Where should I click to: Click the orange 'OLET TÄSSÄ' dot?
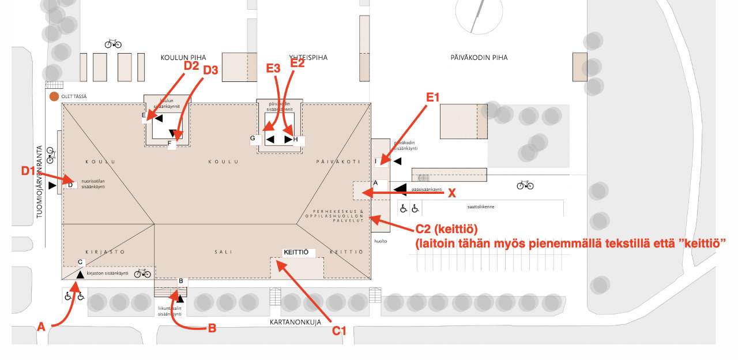pos(54,96)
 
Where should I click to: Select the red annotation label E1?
pos(432,97)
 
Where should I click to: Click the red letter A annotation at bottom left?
pos(41,327)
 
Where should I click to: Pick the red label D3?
pos(211,70)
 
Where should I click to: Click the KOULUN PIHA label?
pos(179,58)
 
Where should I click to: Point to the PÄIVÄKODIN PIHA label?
pos(479,58)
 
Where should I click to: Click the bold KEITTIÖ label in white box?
pos(296,253)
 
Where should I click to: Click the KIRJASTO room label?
pos(101,252)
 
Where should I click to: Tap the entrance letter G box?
pos(253,138)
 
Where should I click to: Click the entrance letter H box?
pos(296,140)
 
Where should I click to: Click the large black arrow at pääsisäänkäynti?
pos(400,189)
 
